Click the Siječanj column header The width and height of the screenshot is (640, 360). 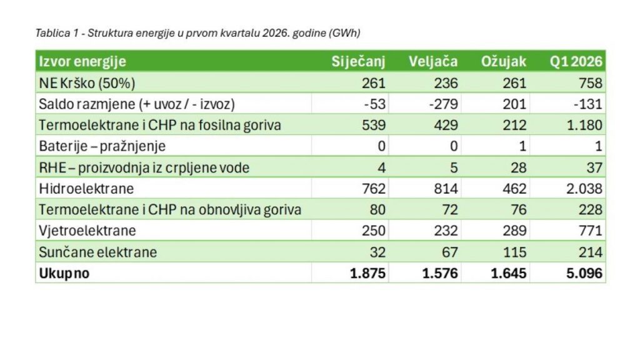[x=358, y=62]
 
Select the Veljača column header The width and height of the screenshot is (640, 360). [x=433, y=62]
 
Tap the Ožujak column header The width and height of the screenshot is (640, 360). [x=504, y=62]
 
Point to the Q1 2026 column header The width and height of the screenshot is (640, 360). [x=576, y=62]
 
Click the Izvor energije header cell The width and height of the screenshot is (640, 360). [x=82, y=62]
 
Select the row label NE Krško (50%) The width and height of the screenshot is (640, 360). [x=87, y=83]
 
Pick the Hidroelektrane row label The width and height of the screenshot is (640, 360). [x=86, y=189]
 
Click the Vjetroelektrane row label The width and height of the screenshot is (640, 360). [x=87, y=231]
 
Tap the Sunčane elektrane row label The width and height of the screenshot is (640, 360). [x=98, y=252]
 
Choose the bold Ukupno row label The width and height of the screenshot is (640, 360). [x=64, y=274]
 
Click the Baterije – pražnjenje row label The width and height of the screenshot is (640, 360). [x=102, y=146]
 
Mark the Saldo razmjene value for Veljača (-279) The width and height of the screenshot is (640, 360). [x=443, y=104]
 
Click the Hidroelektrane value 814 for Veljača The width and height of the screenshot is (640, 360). [x=446, y=189]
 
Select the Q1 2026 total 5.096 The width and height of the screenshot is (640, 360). [x=584, y=273]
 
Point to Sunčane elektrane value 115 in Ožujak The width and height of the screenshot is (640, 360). [x=514, y=252]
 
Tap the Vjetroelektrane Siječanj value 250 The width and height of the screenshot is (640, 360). [x=374, y=231]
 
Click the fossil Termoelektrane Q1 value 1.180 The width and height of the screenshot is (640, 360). [x=584, y=125]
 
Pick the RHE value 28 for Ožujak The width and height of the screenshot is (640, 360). [x=518, y=167]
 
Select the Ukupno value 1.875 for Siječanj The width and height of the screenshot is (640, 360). [x=367, y=273]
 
